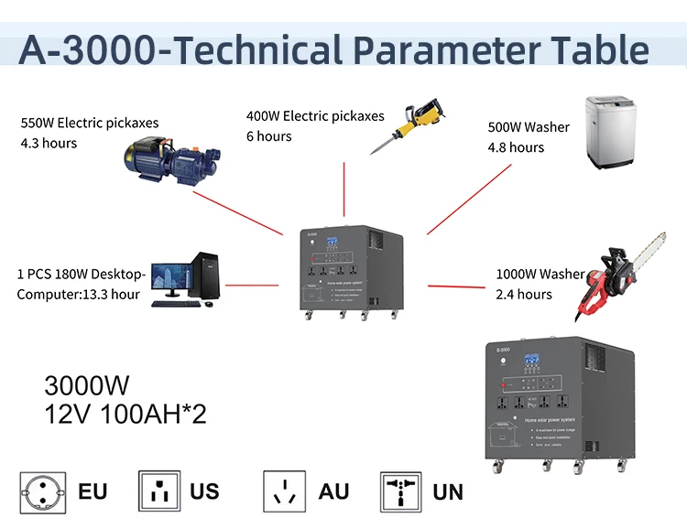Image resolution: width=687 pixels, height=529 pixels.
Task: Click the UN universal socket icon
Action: coord(401,491)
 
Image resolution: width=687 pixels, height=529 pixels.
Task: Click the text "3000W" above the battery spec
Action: coord(87,384)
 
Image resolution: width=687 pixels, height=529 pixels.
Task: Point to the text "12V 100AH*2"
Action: coord(125,414)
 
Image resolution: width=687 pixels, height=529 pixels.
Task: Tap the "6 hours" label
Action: coord(268,136)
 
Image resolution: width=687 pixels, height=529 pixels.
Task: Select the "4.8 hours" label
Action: coord(516,147)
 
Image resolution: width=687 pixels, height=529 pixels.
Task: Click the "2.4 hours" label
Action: coord(524,294)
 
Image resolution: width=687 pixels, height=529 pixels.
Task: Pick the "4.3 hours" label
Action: coord(49,143)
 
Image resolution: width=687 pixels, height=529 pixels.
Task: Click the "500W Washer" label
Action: coord(529,127)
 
